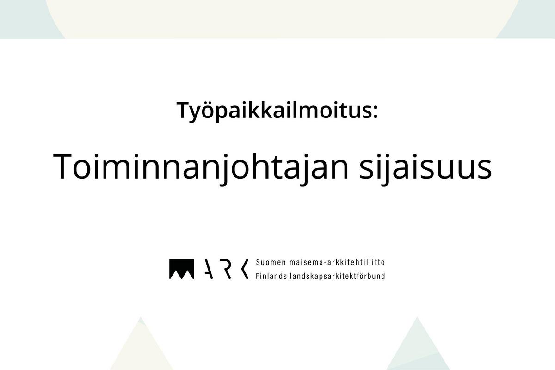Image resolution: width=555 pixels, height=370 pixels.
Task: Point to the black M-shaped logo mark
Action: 182,269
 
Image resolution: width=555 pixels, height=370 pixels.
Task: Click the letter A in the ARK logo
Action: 209,269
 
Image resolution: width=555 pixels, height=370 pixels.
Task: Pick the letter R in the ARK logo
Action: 227,269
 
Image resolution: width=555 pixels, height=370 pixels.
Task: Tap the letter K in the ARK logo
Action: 245,269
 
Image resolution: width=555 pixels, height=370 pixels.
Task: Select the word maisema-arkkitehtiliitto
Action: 337,262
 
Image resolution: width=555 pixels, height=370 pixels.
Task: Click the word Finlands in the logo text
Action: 271,276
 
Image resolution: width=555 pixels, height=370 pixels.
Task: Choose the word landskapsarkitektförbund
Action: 338,276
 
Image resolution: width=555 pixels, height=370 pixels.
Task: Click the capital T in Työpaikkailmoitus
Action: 184,110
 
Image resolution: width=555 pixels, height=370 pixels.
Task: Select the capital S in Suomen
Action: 258,262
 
